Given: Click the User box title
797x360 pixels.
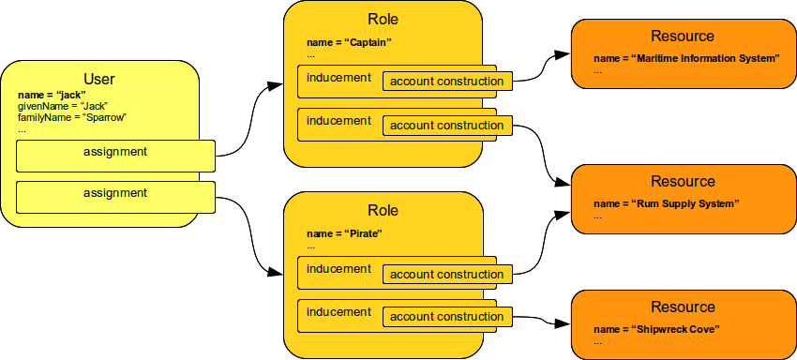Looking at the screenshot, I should [x=99, y=80].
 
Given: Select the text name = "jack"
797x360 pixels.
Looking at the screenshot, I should [x=52, y=96].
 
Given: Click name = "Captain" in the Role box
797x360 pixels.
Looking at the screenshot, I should [x=348, y=43].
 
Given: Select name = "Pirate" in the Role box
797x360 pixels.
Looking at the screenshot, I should [x=344, y=232].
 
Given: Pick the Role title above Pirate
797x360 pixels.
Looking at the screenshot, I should [x=383, y=210].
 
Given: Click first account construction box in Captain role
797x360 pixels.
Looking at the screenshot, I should [x=447, y=82].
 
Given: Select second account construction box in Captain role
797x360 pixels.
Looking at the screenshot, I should [x=447, y=126].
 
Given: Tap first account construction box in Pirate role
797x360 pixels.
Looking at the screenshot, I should [x=447, y=275].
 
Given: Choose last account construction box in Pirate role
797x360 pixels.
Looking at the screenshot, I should [x=447, y=317].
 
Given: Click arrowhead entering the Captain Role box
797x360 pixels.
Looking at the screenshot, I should [x=275, y=86].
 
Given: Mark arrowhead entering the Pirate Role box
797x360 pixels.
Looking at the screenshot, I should [x=275, y=273].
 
